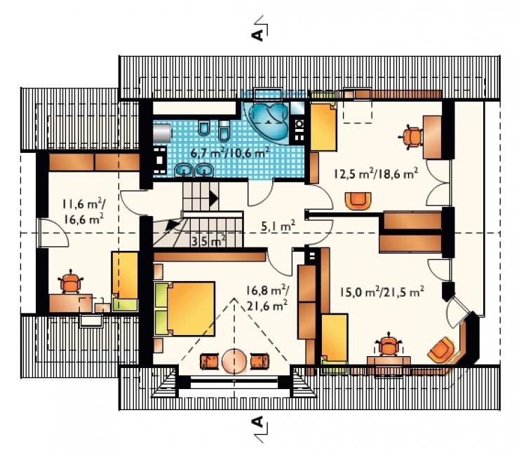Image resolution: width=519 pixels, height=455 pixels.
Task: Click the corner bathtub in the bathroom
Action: coord(267,121)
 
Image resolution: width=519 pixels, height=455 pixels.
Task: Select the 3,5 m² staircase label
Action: coord(208,240)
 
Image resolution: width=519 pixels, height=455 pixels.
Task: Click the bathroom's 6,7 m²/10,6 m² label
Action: coord(230,153)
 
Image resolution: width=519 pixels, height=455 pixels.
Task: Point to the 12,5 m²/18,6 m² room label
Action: coord(376,173)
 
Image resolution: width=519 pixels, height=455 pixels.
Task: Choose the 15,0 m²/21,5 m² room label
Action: coord(382,292)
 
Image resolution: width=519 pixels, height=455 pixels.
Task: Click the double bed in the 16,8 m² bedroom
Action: coord(184,308)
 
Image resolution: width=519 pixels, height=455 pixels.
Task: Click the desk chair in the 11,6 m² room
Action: coord(70,282)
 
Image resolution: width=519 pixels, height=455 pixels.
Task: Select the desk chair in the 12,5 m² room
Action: coord(411,136)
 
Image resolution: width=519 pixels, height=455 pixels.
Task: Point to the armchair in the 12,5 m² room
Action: coord(358,201)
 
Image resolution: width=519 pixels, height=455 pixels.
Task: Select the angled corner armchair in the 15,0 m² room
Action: coord(440,350)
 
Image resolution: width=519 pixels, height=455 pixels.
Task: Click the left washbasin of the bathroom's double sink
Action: coord(184,170)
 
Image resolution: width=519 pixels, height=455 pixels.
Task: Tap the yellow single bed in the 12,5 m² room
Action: coord(323,126)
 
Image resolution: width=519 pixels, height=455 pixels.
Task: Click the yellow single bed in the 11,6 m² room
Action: coord(125,282)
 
